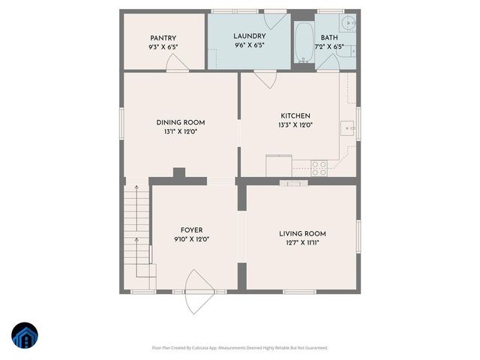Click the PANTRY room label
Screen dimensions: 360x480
[163, 37]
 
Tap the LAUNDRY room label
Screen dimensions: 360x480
[249, 36]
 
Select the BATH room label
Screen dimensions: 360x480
[329, 37]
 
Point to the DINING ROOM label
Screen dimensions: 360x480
[180, 122]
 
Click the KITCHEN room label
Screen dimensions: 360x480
[295, 115]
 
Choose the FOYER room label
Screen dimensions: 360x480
[191, 230]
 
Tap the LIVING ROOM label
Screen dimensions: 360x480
[301, 233]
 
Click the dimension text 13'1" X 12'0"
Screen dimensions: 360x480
[180, 132]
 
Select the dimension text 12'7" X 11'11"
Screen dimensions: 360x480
[301, 243]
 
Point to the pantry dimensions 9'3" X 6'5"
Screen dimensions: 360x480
[163, 46]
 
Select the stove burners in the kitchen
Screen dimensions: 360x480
[319, 166]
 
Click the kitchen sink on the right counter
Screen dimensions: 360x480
[348, 128]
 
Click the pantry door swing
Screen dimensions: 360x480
[178, 66]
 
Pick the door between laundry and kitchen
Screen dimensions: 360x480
[265, 78]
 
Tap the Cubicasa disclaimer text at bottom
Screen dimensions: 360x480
[240, 348]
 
